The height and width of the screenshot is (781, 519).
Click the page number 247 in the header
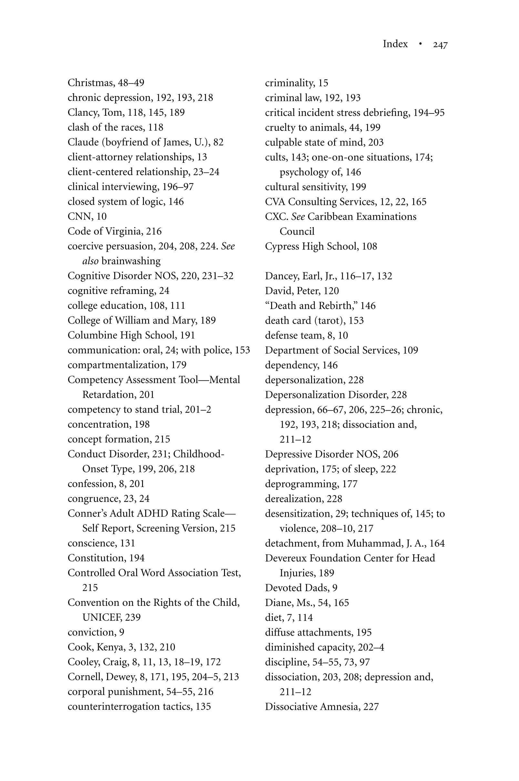[440, 44]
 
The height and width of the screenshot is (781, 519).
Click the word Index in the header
[395, 44]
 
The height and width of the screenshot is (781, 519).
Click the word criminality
[289, 83]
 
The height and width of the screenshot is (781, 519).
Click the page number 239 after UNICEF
[133, 617]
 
